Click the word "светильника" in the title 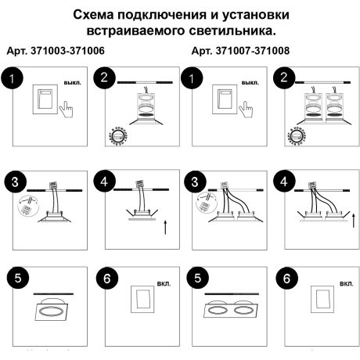(x=235, y=32)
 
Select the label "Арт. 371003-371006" (x=56, y=51)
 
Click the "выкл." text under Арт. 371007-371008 (x=250, y=82)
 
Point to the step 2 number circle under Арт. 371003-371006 (x=105, y=78)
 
